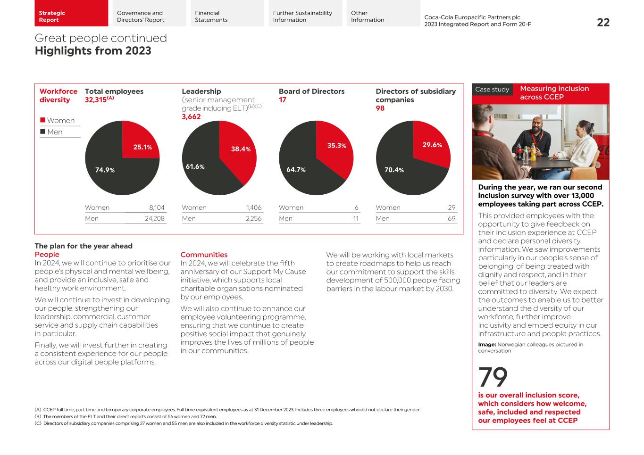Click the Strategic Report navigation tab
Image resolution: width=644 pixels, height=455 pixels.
tap(71, 14)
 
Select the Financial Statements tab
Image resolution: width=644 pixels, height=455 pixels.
tap(227, 14)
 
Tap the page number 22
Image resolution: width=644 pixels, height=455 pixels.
tap(603, 22)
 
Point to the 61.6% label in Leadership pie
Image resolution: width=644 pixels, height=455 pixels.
tap(195, 167)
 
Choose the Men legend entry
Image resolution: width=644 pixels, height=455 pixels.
tap(54, 132)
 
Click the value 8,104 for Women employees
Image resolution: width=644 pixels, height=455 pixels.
tap(157, 207)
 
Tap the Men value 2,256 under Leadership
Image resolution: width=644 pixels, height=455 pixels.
tap(253, 218)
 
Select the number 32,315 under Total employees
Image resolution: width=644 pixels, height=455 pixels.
tap(96, 100)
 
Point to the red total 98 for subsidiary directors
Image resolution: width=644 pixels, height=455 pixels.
tap(380, 108)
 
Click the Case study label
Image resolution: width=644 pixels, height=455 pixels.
tap(492, 90)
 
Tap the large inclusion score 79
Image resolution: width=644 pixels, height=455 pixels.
tap(493, 377)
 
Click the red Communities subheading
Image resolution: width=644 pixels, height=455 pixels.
tap(204, 255)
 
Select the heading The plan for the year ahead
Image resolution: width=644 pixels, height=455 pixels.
tap(84, 246)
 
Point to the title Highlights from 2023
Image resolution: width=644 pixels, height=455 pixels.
tap(93, 51)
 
